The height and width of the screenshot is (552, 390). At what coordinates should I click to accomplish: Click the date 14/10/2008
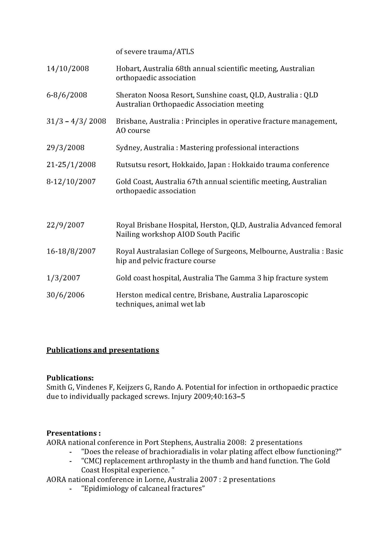pos(68,69)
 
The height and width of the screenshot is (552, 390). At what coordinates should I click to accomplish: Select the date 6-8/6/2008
pos(67,95)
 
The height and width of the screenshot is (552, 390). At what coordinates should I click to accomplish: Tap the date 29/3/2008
pos(66,148)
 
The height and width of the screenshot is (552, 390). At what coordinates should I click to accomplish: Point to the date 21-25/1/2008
pos(71,165)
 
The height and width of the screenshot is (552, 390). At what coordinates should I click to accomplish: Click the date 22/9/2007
pos(66,225)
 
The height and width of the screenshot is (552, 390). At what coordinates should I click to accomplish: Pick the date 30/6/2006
pos(66,295)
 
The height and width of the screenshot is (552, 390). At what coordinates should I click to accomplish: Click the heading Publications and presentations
pos(103,350)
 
